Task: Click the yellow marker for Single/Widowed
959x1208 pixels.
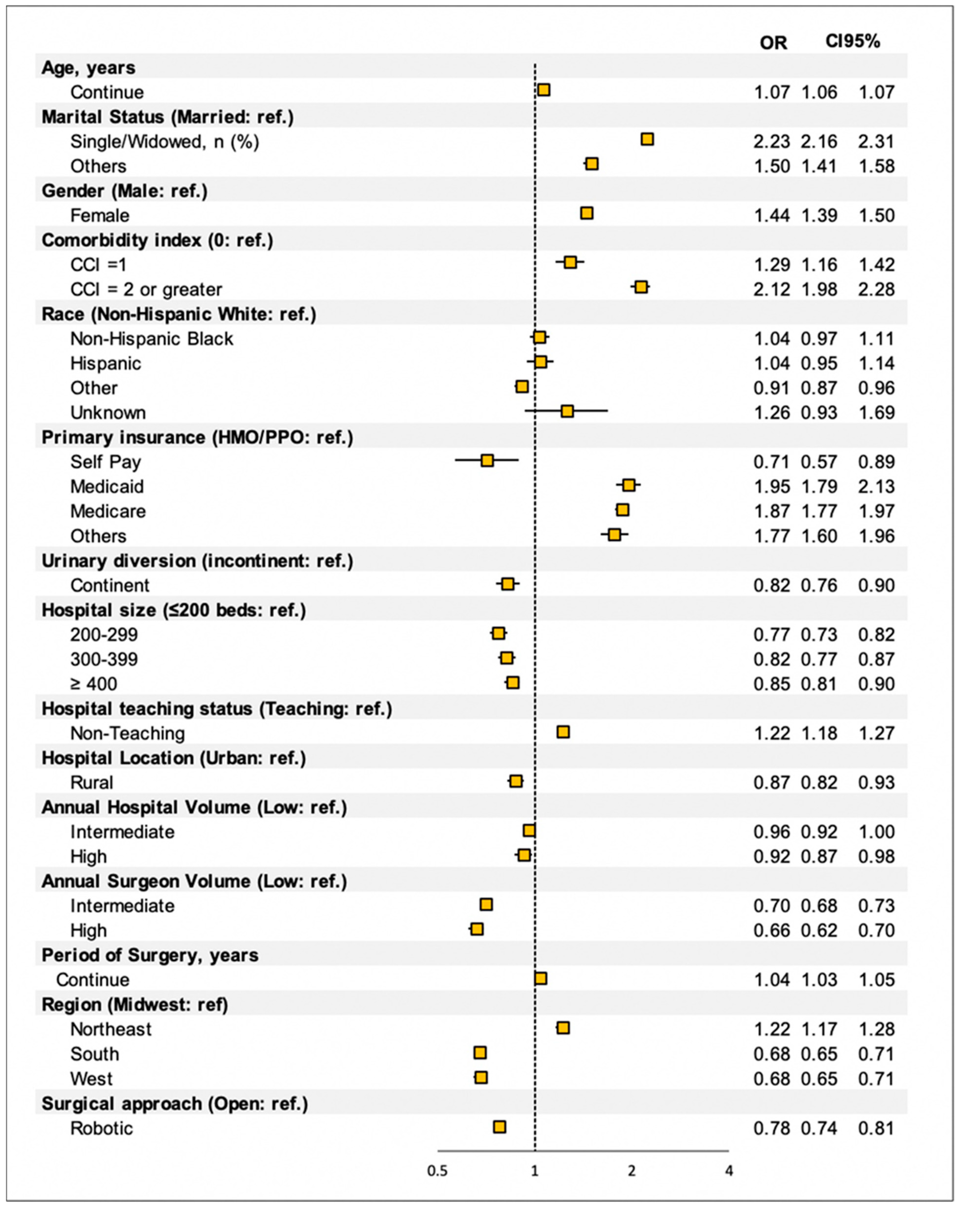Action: [647, 139]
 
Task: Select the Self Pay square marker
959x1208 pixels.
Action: [487, 461]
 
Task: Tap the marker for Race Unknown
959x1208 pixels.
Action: [567, 411]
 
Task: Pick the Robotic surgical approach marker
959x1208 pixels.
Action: [499, 1127]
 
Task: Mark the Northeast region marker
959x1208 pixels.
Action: [563, 1028]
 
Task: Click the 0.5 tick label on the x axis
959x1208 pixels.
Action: [437, 1171]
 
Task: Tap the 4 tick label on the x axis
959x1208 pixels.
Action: [728, 1171]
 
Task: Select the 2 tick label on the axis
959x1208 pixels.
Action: [632, 1171]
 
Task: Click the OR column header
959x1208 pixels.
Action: [773, 43]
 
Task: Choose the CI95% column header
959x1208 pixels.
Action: [853, 41]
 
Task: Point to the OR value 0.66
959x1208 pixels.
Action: [771, 931]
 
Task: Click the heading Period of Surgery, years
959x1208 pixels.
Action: [150, 955]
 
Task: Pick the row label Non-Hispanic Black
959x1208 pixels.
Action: [152, 339]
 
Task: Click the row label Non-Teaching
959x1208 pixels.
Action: [128, 733]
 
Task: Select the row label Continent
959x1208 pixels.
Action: [110, 586]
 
